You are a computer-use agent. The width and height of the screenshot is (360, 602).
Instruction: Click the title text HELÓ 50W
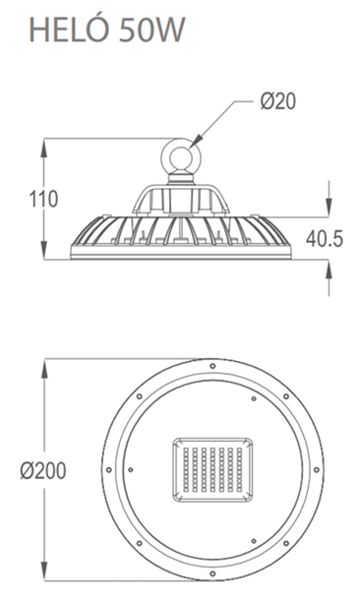[x=107, y=30]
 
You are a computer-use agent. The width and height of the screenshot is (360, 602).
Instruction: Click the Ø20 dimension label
[x=278, y=101]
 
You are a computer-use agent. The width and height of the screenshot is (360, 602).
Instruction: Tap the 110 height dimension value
[x=43, y=199]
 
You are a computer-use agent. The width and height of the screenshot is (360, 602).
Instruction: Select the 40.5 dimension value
[x=325, y=239]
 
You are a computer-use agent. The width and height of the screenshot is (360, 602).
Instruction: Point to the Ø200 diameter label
[x=43, y=471]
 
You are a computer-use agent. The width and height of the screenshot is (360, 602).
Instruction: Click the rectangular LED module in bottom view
[x=213, y=469]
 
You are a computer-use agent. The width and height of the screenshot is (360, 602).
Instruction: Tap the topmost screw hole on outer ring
[x=212, y=366]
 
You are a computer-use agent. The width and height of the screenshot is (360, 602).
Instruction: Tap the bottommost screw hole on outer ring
[x=212, y=573]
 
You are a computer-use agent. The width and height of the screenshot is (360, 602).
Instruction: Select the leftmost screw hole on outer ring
[x=109, y=469]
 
